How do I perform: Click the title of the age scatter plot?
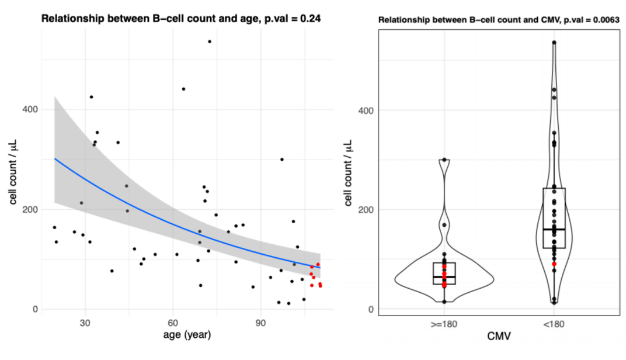[x=181, y=19]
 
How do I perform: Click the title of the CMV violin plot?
[x=499, y=20]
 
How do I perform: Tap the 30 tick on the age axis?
[x=85, y=323]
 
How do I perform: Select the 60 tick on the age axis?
[x=173, y=323]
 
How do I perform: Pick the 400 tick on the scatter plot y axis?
[x=30, y=109]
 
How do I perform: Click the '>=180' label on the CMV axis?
[x=444, y=323]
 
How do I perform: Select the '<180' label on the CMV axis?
[x=554, y=323]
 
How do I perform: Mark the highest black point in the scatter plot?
[x=209, y=41]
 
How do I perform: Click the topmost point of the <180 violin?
[x=554, y=43]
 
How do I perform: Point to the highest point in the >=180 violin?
[x=444, y=160]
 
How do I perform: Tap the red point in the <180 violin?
[x=554, y=264]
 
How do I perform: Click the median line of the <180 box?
[x=554, y=230]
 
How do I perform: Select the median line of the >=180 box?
[x=444, y=276]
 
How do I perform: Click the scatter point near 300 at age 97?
[x=281, y=160]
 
